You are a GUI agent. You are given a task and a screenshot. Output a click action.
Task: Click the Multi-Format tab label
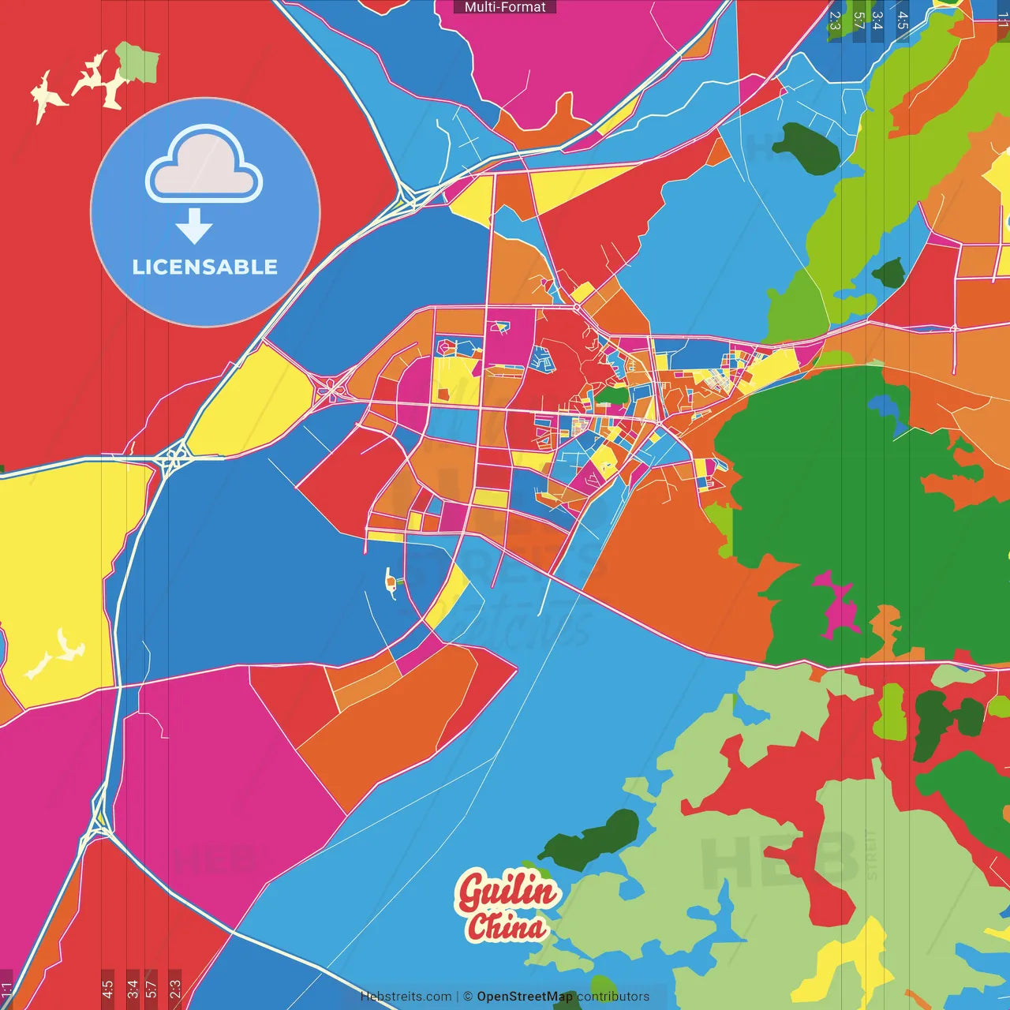(x=505, y=7)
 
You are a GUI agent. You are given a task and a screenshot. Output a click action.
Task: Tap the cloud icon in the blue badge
(x=204, y=164)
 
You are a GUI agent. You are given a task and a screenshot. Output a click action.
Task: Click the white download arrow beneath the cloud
(x=194, y=226)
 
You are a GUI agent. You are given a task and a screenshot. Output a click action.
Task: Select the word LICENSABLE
(x=205, y=267)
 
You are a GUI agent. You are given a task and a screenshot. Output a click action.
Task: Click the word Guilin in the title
(x=507, y=892)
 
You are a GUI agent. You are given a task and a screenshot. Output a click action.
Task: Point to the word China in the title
(x=506, y=926)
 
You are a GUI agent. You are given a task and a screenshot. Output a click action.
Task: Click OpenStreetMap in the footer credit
(x=524, y=997)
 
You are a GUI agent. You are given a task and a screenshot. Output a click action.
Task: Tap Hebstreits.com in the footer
(x=406, y=997)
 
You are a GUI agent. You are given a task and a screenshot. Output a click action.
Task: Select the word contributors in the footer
(x=613, y=997)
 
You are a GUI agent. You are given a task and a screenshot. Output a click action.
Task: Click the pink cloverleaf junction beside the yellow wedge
(x=331, y=388)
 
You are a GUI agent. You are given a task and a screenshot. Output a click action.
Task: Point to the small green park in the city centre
(x=612, y=395)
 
